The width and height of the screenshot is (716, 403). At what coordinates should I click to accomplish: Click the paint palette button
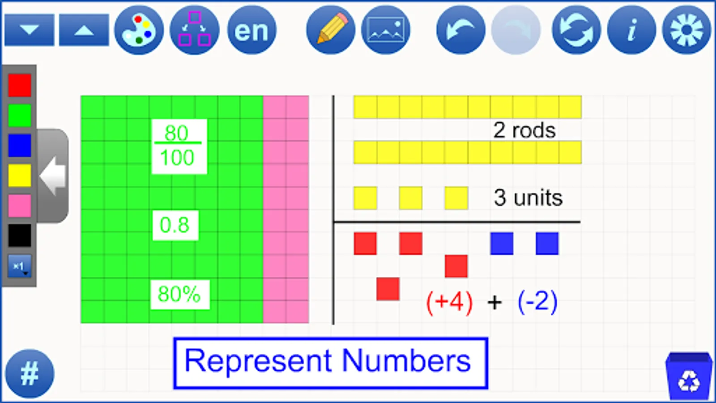[x=139, y=30]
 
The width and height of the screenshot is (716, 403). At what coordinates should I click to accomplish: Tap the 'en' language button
[x=251, y=30]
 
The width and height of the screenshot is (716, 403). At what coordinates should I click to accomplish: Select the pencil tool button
[x=331, y=30]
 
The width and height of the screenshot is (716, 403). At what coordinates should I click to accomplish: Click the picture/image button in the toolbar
[x=385, y=30]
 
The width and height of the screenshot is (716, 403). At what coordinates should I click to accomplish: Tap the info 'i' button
[x=631, y=30]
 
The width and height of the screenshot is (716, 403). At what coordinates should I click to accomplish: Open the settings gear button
[x=686, y=30]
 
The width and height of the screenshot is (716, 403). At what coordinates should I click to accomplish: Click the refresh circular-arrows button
[x=576, y=30]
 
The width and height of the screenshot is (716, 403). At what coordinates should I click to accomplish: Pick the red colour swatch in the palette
[x=20, y=85]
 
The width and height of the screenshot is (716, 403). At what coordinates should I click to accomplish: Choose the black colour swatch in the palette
[x=20, y=236]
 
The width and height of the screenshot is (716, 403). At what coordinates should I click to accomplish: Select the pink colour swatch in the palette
[x=20, y=206]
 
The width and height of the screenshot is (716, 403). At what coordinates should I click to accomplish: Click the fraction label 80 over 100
[x=179, y=146]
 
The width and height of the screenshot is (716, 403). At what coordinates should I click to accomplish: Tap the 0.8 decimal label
[x=175, y=225]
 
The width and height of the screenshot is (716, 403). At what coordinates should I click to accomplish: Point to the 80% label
[x=179, y=295]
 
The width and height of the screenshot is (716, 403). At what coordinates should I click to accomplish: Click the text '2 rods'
[x=524, y=130]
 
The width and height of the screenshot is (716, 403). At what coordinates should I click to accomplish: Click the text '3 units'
[x=528, y=198]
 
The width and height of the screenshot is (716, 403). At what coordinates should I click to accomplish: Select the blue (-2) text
[x=537, y=302]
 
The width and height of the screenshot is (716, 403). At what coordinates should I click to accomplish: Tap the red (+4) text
[x=449, y=303]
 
